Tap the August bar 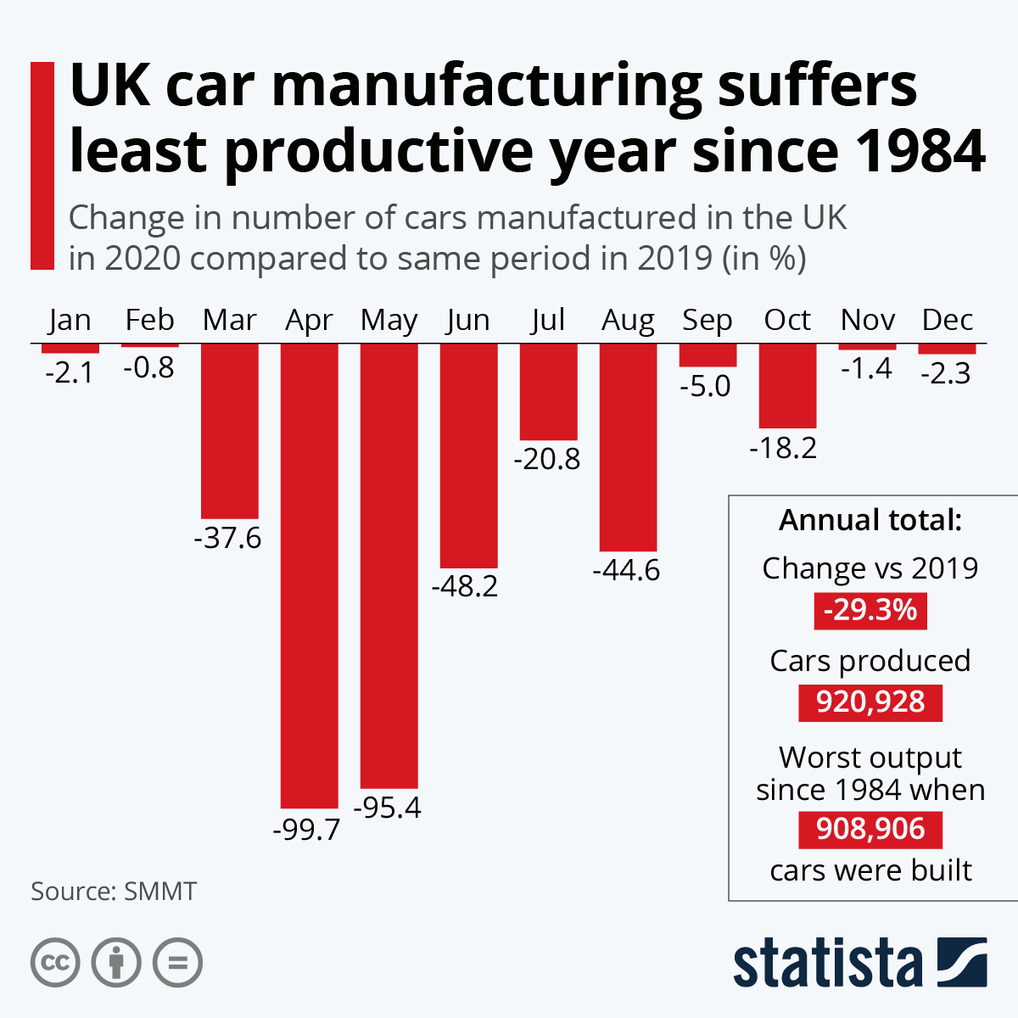pos(629,447)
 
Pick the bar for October pos(787,386)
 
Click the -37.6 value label pos(228,538)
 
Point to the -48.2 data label pos(465,586)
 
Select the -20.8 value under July pos(547,459)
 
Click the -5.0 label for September pos(705,386)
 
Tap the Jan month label pos(70,320)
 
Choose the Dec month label pos(947,320)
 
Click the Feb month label pos(149,320)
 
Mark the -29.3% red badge pos(870,610)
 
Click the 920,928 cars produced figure pos(870,702)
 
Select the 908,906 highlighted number pos(870,829)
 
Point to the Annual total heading pos(870,519)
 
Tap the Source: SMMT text pos(114,892)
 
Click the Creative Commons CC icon pos(55,963)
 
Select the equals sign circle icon pos(177,963)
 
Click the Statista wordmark pos(827,963)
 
